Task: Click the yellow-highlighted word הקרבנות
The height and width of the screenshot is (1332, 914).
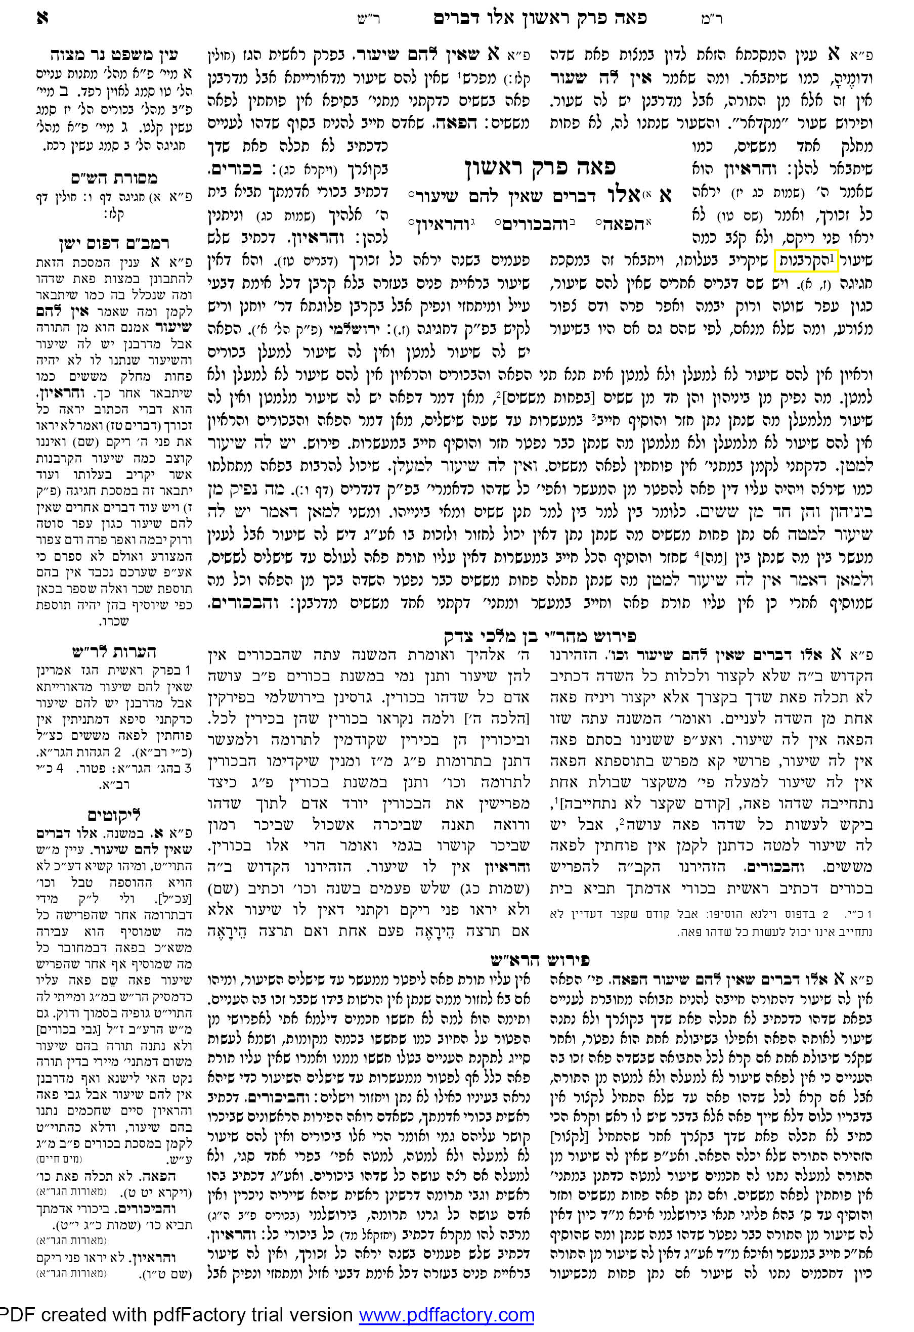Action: tap(806, 260)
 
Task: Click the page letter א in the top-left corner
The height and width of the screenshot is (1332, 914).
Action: tap(42, 18)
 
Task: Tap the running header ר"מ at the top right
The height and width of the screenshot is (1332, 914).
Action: tap(711, 19)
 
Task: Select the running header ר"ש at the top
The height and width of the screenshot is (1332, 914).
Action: tap(368, 19)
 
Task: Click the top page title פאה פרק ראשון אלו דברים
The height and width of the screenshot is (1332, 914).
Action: tap(540, 18)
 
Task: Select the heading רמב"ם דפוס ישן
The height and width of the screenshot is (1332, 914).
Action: tap(114, 244)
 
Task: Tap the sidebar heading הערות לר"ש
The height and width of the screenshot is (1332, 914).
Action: tap(114, 652)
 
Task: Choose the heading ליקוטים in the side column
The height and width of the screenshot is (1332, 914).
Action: tap(114, 815)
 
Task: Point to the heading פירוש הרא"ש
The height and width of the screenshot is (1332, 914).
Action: tap(540, 959)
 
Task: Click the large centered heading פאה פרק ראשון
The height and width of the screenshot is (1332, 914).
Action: tap(540, 167)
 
